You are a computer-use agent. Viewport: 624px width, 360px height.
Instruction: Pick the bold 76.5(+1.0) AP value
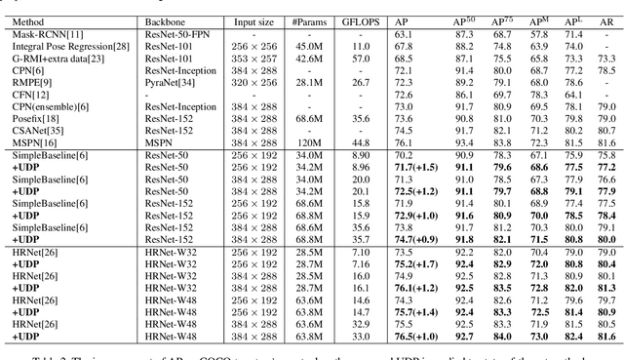(416, 336)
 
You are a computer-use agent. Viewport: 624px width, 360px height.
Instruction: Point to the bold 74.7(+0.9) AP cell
(416, 238)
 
